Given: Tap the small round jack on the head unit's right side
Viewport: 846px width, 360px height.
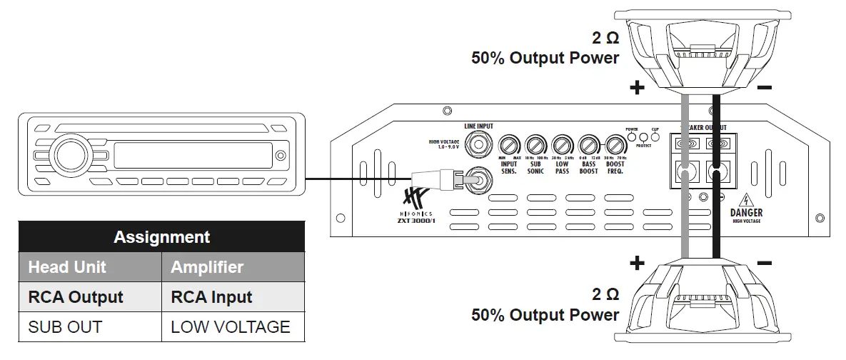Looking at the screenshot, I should pyautogui.click(x=281, y=155).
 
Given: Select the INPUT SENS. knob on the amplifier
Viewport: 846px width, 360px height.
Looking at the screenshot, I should pyautogui.click(x=509, y=145).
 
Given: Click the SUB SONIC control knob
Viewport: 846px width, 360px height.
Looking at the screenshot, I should pyautogui.click(x=535, y=145).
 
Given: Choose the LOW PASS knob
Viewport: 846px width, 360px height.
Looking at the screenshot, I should pyautogui.click(x=562, y=145).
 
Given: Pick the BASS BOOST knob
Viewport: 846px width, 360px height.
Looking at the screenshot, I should pyautogui.click(x=589, y=145).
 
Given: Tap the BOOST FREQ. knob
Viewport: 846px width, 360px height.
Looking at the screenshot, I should pyautogui.click(x=615, y=145).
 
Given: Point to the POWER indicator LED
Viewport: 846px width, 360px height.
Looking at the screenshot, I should pyautogui.click(x=632, y=136).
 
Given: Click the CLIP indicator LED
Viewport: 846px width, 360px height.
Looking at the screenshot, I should pyautogui.click(x=655, y=136).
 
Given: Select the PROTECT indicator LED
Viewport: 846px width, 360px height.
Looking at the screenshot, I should pyautogui.click(x=643, y=136).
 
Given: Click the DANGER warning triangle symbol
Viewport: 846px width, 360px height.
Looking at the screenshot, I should pyautogui.click(x=746, y=200).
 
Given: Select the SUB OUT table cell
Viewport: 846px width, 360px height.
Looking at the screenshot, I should pyautogui.click(x=65, y=327).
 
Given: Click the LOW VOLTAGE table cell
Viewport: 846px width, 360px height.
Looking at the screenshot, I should pyautogui.click(x=231, y=327).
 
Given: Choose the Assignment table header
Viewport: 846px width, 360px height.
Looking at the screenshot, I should pyautogui.click(x=161, y=237).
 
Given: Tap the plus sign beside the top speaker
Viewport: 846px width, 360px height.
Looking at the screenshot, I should pyautogui.click(x=637, y=89).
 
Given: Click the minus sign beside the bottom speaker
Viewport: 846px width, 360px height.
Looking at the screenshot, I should pyautogui.click(x=763, y=263).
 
